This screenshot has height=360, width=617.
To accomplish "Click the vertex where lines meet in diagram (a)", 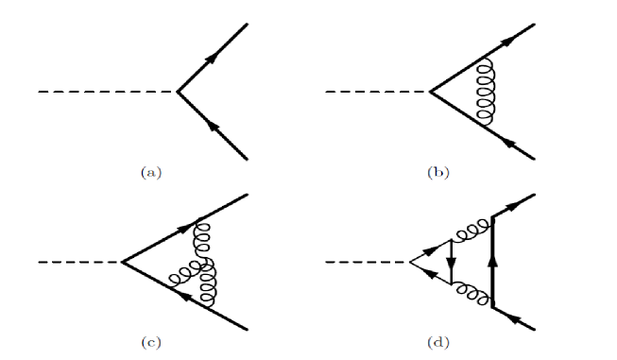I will pos(179,93).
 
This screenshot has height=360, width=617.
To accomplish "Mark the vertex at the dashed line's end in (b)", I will pos(430,93).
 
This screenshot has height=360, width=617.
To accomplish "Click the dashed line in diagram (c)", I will pos(80,261).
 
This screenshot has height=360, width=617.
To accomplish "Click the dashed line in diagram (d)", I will pos(368,261).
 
